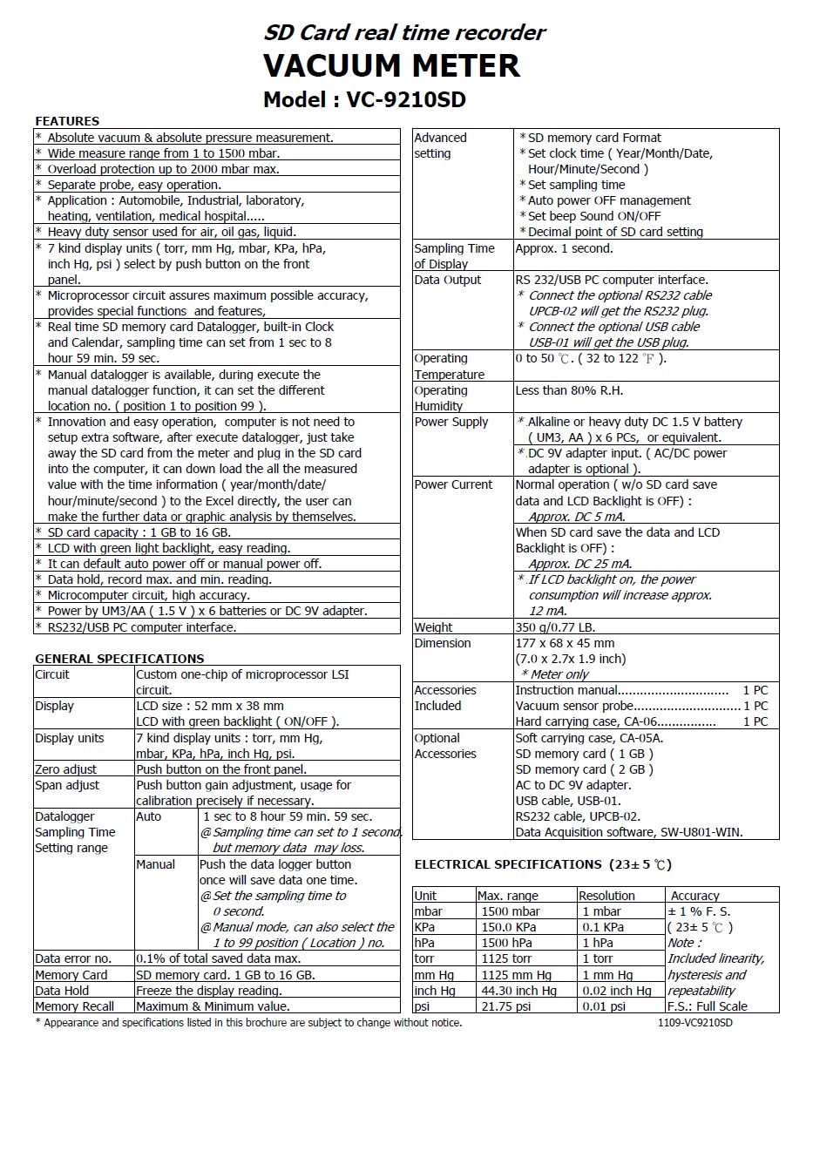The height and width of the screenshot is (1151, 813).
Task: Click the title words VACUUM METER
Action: pyautogui.click(x=391, y=66)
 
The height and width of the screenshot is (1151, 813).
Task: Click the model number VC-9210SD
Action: pyautogui.click(x=406, y=100)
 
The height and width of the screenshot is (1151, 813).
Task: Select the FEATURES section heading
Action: pyautogui.click(x=67, y=121)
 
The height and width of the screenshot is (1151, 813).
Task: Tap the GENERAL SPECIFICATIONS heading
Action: pyautogui.click(x=119, y=659)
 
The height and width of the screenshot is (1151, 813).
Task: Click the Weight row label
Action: pyautogui.click(x=433, y=627)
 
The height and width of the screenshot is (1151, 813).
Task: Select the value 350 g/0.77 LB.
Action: pyautogui.click(x=555, y=627)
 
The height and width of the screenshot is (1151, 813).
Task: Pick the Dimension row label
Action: pyautogui.click(x=442, y=643)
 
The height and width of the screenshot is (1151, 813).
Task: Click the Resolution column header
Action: pyautogui.click(x=606, y=896)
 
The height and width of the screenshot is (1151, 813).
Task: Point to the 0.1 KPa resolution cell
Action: pyautogui.click(x=603, y=927)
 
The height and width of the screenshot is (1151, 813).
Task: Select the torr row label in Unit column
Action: pyautogui.click(x=424, y=958)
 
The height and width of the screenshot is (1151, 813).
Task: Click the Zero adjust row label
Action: pyautogui.click(x=65, y=769)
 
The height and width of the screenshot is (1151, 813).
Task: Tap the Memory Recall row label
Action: pyautogui.click(x=74, y=1006)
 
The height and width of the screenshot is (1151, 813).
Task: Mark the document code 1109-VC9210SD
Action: pyautogui.click(x=694, y=1023)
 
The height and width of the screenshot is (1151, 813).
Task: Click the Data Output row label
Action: pyautogui.click(x=447, y=280)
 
